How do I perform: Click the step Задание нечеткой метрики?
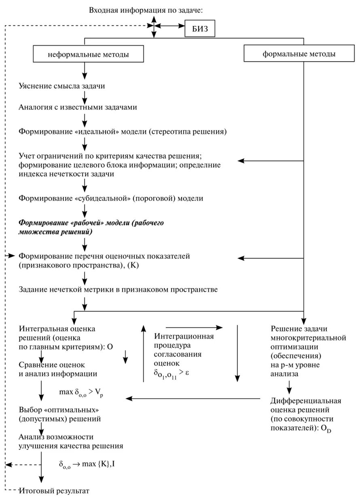click(118, 290)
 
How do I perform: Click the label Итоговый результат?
click(54, 491)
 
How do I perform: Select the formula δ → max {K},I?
click(86, 463)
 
